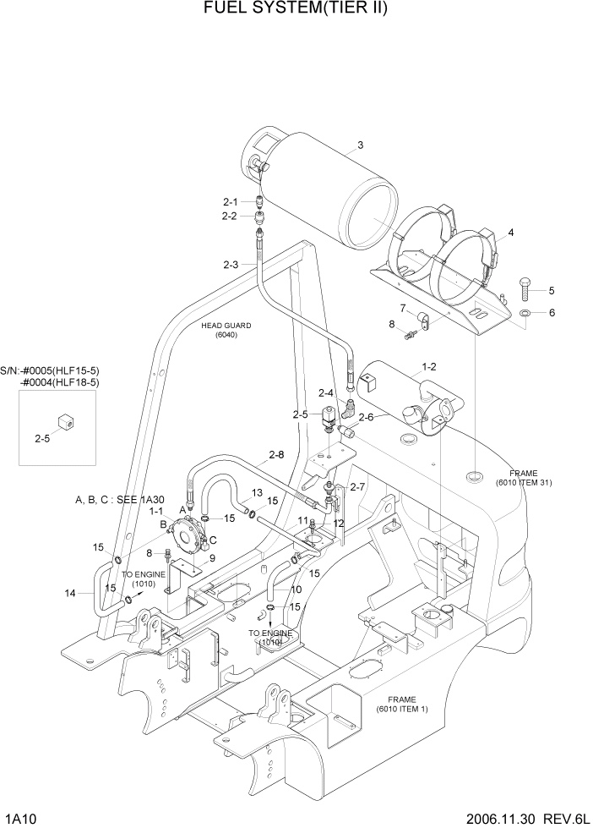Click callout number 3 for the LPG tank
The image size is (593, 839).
[x=360, y=145]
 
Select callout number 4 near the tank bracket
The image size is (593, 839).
[x=510, y=232]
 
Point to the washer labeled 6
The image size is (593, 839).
[x=525, y=313]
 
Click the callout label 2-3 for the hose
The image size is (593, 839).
[x=231, y=265]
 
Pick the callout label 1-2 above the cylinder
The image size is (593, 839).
[x=428, y=368]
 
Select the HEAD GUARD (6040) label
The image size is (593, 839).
[x=226, y=330]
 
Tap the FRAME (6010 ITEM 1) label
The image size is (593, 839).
[x=402, y=705]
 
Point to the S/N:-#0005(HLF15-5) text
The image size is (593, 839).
[x=50, y=370]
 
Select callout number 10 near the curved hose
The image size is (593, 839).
[x=296, y=589]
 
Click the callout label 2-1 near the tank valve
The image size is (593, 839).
[x=231, y=201]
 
